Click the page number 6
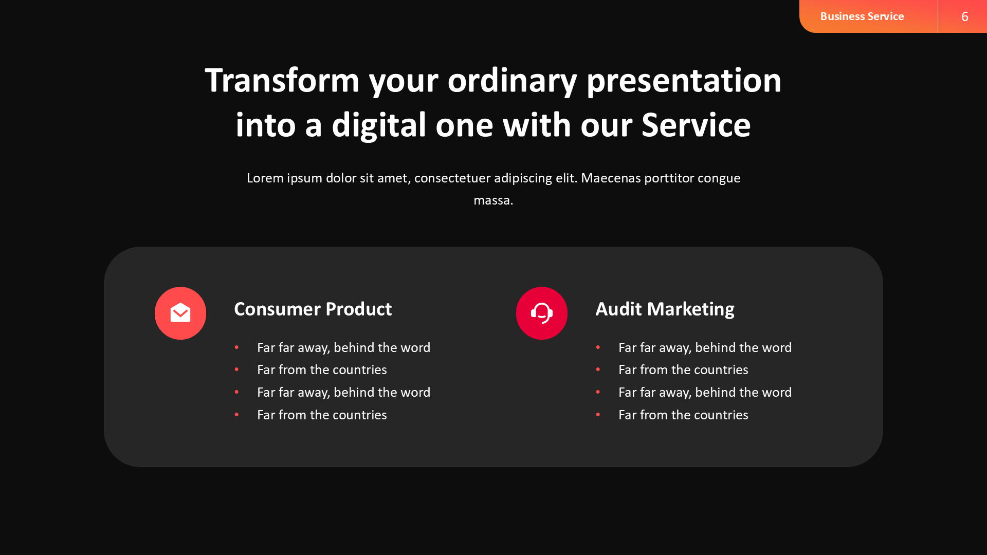click(x=964, y=16)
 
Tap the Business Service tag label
click(x=862, y=16)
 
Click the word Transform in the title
click(x=282, y=81)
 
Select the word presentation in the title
click(x=684, y=81)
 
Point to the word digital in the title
click(x=379, y=125)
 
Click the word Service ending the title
click(x=696, y=125)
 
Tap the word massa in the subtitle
click(x=492, y=200)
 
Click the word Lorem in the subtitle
click(x=265, y=178)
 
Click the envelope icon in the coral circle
click(x=180, y=313)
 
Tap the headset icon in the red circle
click(x=542, y=313)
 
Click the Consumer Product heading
click(x=313, y=309)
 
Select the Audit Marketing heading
click(x=665, y=309)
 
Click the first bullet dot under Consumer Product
click(x=236, y=348)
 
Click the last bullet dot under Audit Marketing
click(x=598, y=415)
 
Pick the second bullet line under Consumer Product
click(x=322, y=370)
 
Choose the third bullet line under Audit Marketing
click(x=705, y=393)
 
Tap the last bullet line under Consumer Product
click(x=322, y=415)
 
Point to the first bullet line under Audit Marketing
click(x=705, y=348)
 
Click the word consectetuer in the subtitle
click(x=452, y=178)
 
